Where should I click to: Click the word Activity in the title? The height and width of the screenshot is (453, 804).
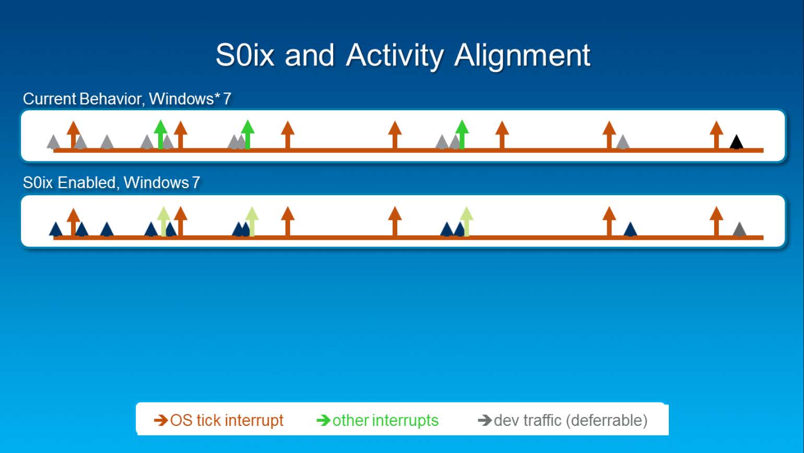tap(395, 56)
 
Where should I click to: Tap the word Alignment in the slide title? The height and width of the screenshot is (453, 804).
tap(522, 56)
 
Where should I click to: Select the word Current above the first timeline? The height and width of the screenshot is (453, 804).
tap(49, 99)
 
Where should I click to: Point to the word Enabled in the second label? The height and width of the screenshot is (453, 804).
tap(86, 182)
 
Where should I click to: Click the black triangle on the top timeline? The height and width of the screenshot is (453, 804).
tap(737, 142)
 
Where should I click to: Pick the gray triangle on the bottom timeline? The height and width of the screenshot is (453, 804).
tap(739, 229)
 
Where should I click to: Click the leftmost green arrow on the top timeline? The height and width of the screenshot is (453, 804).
tap(160, 134)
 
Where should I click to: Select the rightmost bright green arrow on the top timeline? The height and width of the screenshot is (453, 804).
tap(462, 134)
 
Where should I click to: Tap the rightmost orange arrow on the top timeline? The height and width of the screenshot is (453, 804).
tap(716, 135)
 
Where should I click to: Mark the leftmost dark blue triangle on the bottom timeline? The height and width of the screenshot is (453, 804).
tap(56, 229)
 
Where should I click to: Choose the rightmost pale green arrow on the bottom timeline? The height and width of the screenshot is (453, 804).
tap(466, 222)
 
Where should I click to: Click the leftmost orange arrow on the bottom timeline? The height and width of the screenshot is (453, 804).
tap(73, 222)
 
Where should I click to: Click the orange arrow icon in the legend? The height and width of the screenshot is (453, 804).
tap(161, 420)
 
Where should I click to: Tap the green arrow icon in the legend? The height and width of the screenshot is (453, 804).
tap(323, 420)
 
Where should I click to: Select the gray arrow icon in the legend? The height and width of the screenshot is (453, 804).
tap(485, 420)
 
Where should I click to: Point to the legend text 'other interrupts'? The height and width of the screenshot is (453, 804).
tap(385, 420)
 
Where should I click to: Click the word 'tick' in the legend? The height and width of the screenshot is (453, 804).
tap(209, 420)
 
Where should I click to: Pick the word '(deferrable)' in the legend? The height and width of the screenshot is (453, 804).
tap(607, 421)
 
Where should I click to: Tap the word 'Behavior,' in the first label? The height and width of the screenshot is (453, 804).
tap(112, 99)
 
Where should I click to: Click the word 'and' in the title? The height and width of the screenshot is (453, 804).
tap(310, 56)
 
